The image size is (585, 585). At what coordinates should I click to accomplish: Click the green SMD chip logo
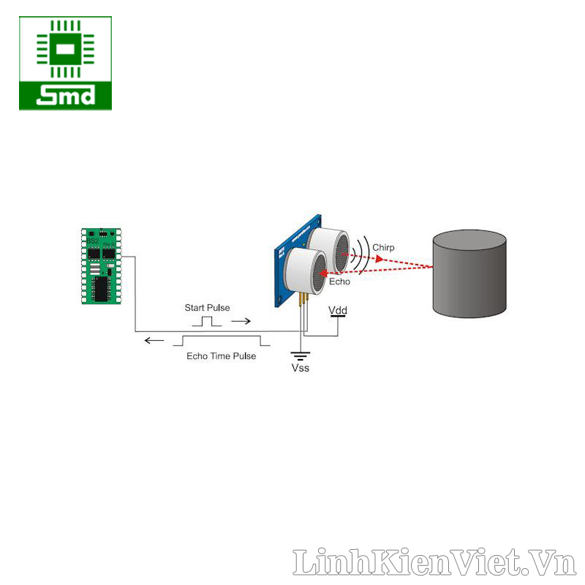[x=65, y=63]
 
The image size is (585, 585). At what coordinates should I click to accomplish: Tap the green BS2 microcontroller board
[x=102, y=266]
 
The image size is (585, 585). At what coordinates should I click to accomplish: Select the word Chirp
[x=383, y=248]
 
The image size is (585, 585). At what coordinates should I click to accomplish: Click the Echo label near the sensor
[x=339, y=281]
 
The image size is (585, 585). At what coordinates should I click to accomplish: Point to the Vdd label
[x=338, y=311]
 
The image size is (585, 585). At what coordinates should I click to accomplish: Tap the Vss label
[x=301, y=368]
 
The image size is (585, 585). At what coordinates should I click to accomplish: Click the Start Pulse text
[x=207, y=308]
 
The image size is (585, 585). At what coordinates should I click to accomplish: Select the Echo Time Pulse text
[x=221, y=356]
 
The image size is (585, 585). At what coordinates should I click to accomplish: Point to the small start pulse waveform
[x=207, y=321]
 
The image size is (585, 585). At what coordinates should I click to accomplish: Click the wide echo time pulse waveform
[x=222, y=340]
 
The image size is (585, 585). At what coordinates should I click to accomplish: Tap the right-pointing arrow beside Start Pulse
[x=240, y=321]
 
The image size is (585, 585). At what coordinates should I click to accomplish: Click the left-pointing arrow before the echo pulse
[x=154, y=340]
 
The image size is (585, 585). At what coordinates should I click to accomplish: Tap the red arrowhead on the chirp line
[x=379, y=258]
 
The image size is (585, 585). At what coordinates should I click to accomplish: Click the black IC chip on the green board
[x=102, y=287]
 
